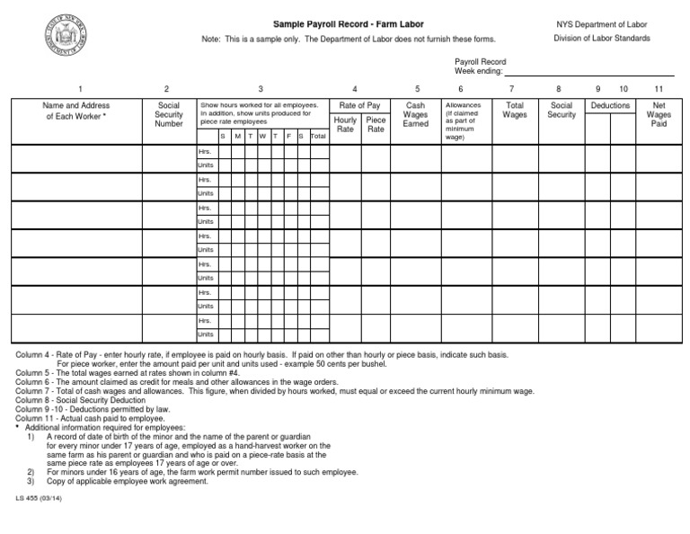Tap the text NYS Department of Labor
pyautogui.click(x=602, y=23)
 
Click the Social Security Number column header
pyautogui.click(x=168, y=115)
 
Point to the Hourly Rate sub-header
pyautogui.click(x=345, y=124)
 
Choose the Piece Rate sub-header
pyautogui.click(x=376, y=124)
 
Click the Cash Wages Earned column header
pyautogui.click(x=416, y=115)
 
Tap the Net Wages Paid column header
pyautogui.click(x=659, y=115)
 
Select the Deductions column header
pyautogui.click(x=610, y=106)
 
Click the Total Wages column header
pyautogui.click(x=515, y=111)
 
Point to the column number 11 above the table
pyautogui.click(x=659, y=89)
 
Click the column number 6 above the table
pyautogui.click(x=461, y=89)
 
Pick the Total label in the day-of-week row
pyautogui.click(x=317, y=136)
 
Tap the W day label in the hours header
pyautogui.click(x=262, y=136)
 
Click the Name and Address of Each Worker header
pyautogui.click(x=76, y=111)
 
